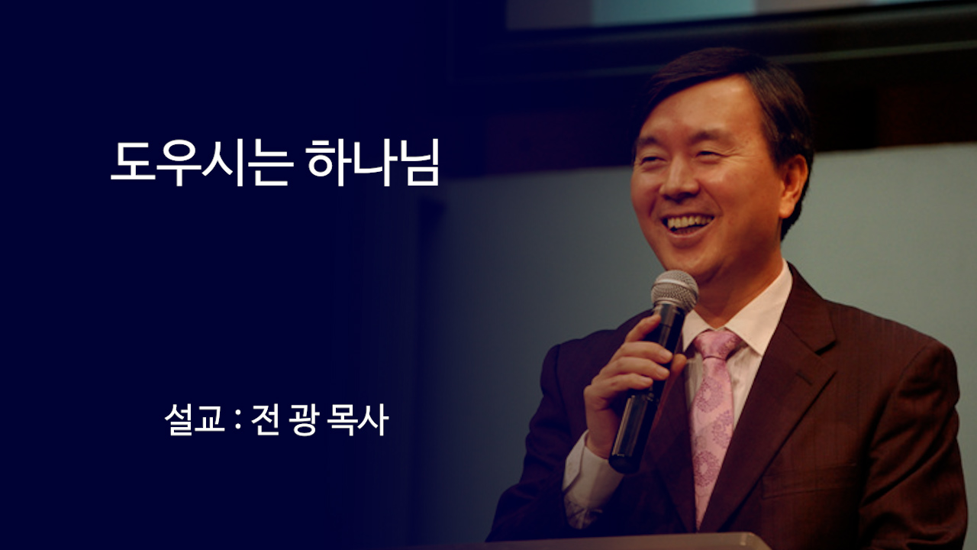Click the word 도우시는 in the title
pos(201,163)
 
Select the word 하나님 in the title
pos(373,163)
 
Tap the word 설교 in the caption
pos(193,421)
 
